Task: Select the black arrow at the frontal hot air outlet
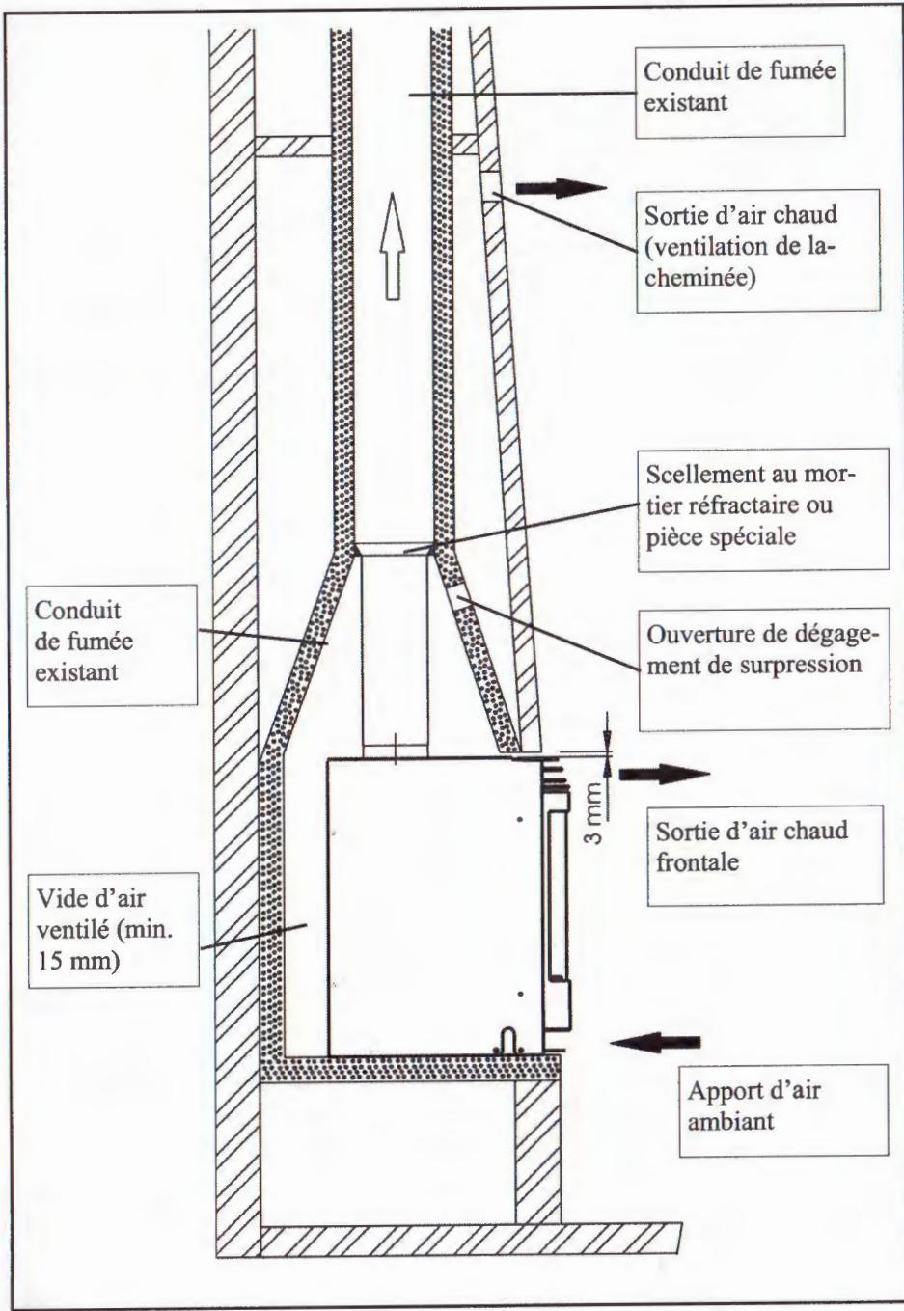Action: click(663, 774)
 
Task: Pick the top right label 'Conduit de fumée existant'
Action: click(740, 86)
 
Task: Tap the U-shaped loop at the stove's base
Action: click(507, 1042)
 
